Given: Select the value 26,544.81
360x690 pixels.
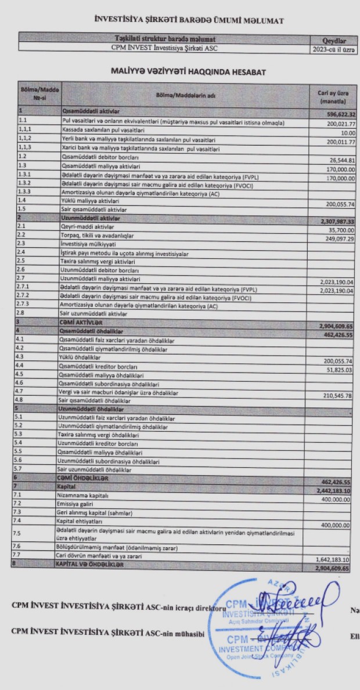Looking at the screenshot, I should coord(341,160).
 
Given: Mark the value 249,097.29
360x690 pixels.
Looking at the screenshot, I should coord(339,239).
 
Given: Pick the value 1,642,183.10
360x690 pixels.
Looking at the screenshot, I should coord(336,559).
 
